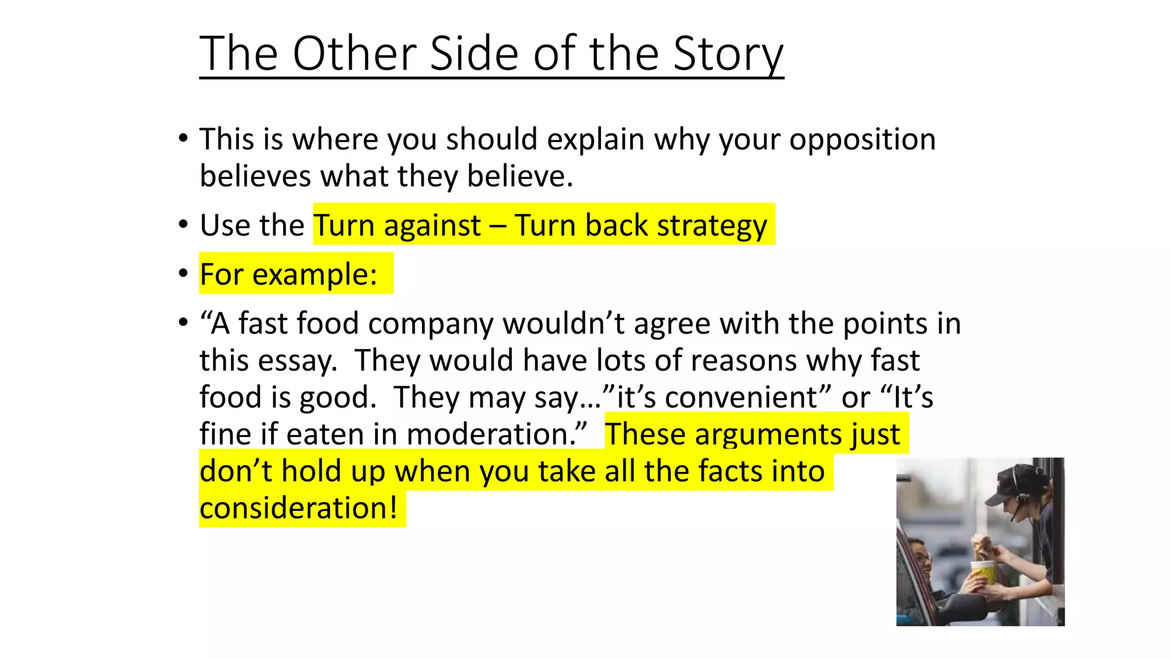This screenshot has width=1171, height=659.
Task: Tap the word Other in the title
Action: pyautogui.click(x=355, y=54)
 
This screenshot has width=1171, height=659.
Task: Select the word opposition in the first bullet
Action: pyautogui.click(x=862, y=140)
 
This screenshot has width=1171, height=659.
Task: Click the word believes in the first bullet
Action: pyautogui.click(x=255, y=176)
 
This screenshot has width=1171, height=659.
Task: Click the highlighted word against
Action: pyautogui.click(x=432, y=225)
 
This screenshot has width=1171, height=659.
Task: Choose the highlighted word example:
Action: pyautogui.click(x=314, y=275)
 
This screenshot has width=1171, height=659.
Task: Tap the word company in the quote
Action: pyautogui.click(x=431, y=324)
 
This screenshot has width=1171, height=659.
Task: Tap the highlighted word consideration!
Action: pyautogui.click(x=298, y=508)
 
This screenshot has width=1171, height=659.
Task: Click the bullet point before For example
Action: pyautogui.click(x=183, y=273)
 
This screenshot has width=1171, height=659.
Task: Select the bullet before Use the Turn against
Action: pyautogui.click(x=183, y=224)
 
